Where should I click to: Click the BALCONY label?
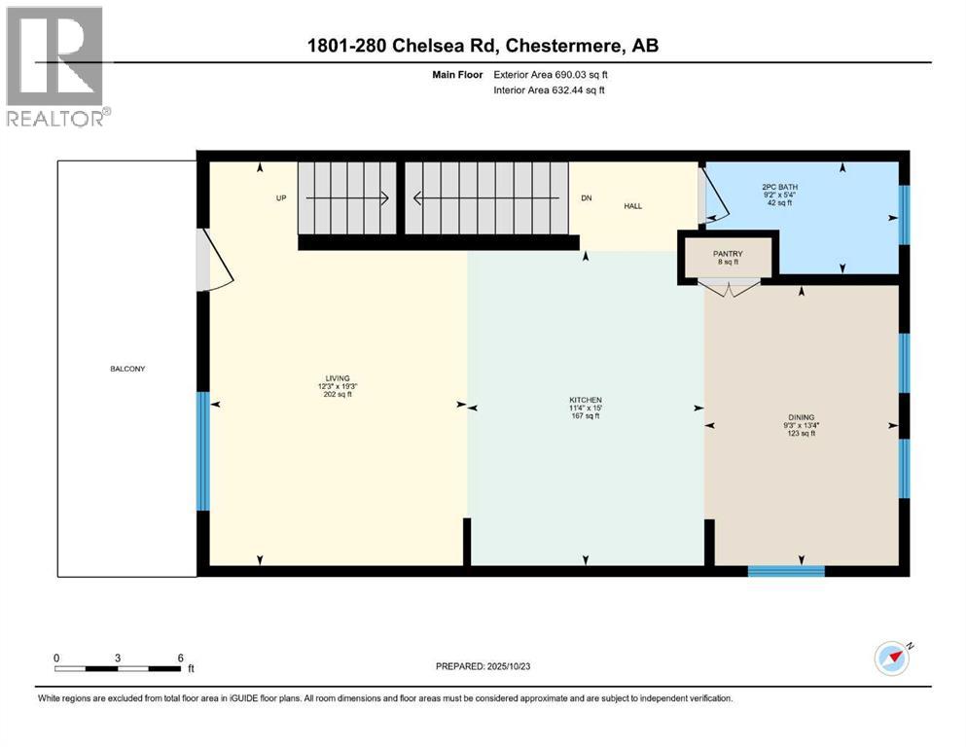[127, 369]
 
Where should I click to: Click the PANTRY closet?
[728, 257]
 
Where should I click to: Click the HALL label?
[632, 205]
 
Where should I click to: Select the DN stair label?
[587, 197]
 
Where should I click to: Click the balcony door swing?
[216, 260]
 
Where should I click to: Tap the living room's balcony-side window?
[203, 450]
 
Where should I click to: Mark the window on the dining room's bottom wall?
[786, 571]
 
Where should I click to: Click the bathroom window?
[904, 214]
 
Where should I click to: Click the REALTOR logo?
[55, 67]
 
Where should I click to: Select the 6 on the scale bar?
[181, 658]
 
